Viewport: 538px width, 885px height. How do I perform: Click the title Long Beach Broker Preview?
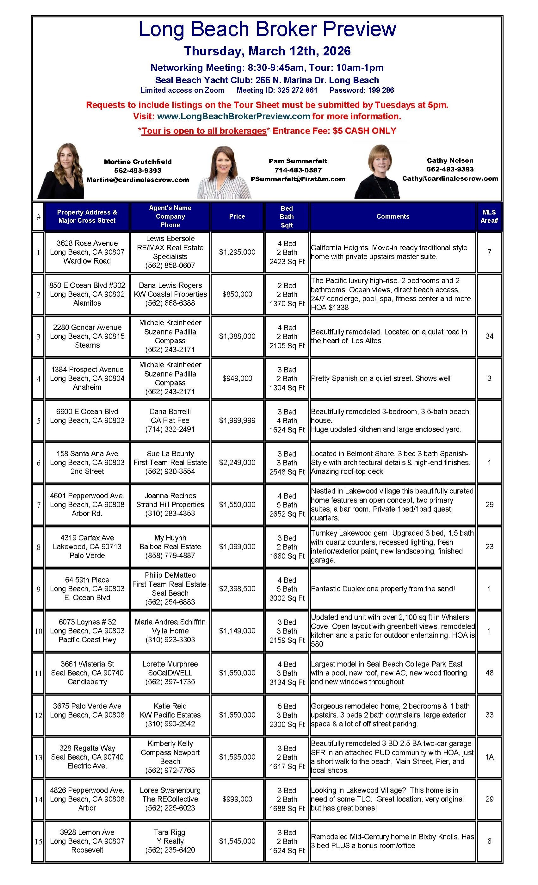(x=267, y=29)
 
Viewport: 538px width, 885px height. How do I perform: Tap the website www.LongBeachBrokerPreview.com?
(x=233, y=116)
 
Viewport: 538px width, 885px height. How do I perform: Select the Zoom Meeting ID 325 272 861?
(x=277, y=90)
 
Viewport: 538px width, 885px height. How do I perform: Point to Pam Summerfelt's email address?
(x=298, y=179)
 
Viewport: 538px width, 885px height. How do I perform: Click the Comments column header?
(x=393, y=216)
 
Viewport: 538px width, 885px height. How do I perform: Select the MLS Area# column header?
(x=489, y=216)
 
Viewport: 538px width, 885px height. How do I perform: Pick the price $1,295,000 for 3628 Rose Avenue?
(x=237, y=252)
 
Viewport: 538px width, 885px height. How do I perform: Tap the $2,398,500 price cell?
(x=237, y=589)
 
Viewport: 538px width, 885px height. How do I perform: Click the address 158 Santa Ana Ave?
(x=87, y=454)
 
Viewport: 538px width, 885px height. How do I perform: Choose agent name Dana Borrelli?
(x=170, y=412)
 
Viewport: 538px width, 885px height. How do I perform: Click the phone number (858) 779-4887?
(x=170, y=555)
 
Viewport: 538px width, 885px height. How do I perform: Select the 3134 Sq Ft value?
(x=287, y=682)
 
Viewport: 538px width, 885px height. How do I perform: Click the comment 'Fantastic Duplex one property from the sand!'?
(x=383, y=589)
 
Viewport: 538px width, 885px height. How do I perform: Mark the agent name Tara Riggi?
(x=170, y=832)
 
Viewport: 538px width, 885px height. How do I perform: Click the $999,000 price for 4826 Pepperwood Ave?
(x=237, y=799)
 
